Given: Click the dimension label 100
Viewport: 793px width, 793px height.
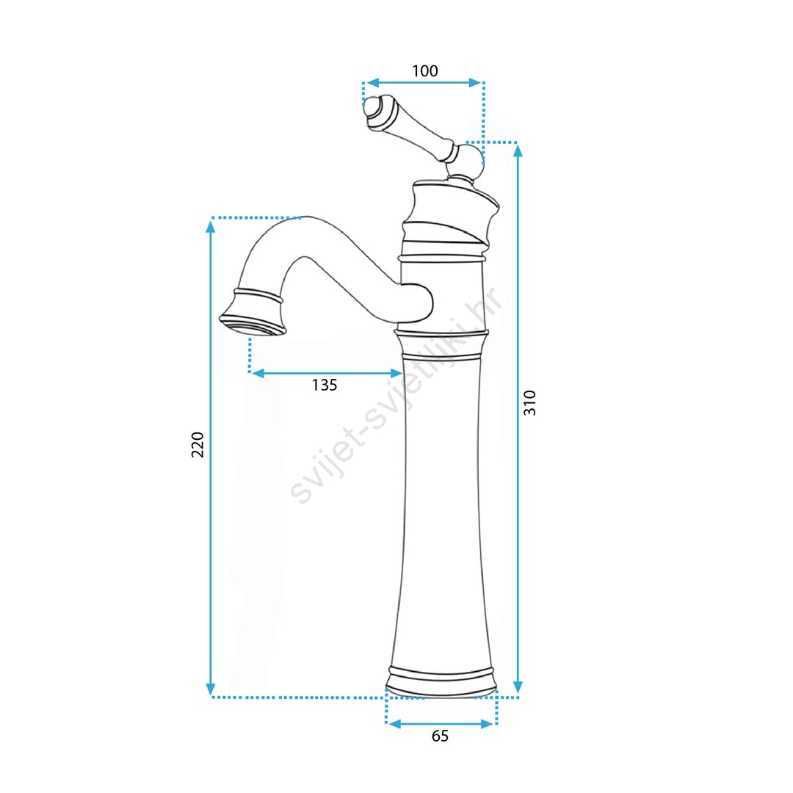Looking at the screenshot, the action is point(425,70).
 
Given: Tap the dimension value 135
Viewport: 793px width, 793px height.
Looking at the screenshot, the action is point(325,385).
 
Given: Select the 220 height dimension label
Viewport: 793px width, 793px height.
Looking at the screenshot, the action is point(198,444).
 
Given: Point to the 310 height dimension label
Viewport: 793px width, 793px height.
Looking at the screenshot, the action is point(529,403).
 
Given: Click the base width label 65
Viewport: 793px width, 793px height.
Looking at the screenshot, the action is point(440,736).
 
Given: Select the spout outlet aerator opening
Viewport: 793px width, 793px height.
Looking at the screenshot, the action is point(253,325).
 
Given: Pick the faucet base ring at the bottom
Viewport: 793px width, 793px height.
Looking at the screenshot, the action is point(441,684).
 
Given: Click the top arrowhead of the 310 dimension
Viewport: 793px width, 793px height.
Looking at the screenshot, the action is point(518,150).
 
